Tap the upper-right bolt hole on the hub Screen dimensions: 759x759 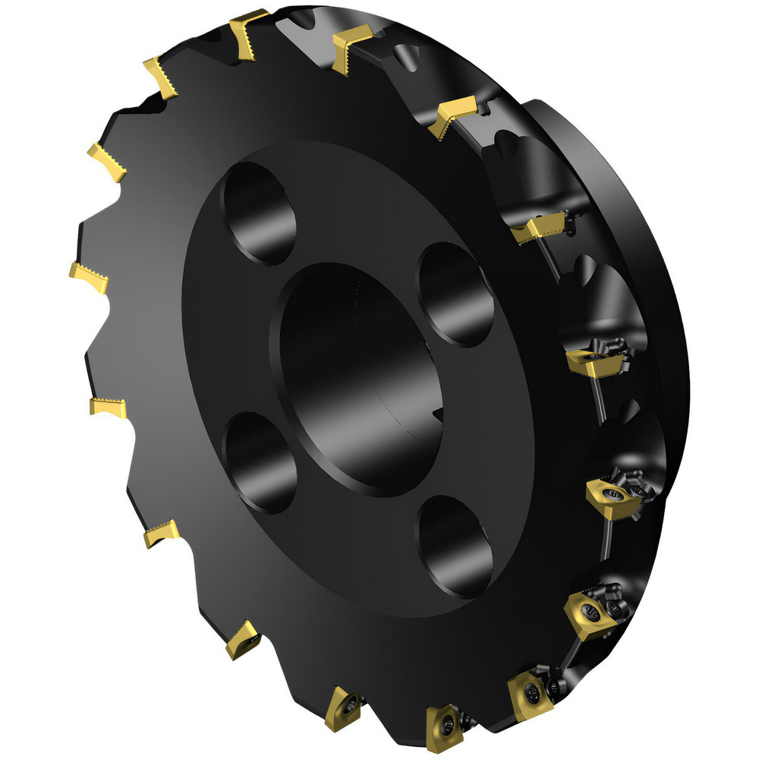click(454, 292)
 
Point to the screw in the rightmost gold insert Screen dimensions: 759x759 click(612, 496)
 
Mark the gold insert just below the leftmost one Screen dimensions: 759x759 click(107, 406)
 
